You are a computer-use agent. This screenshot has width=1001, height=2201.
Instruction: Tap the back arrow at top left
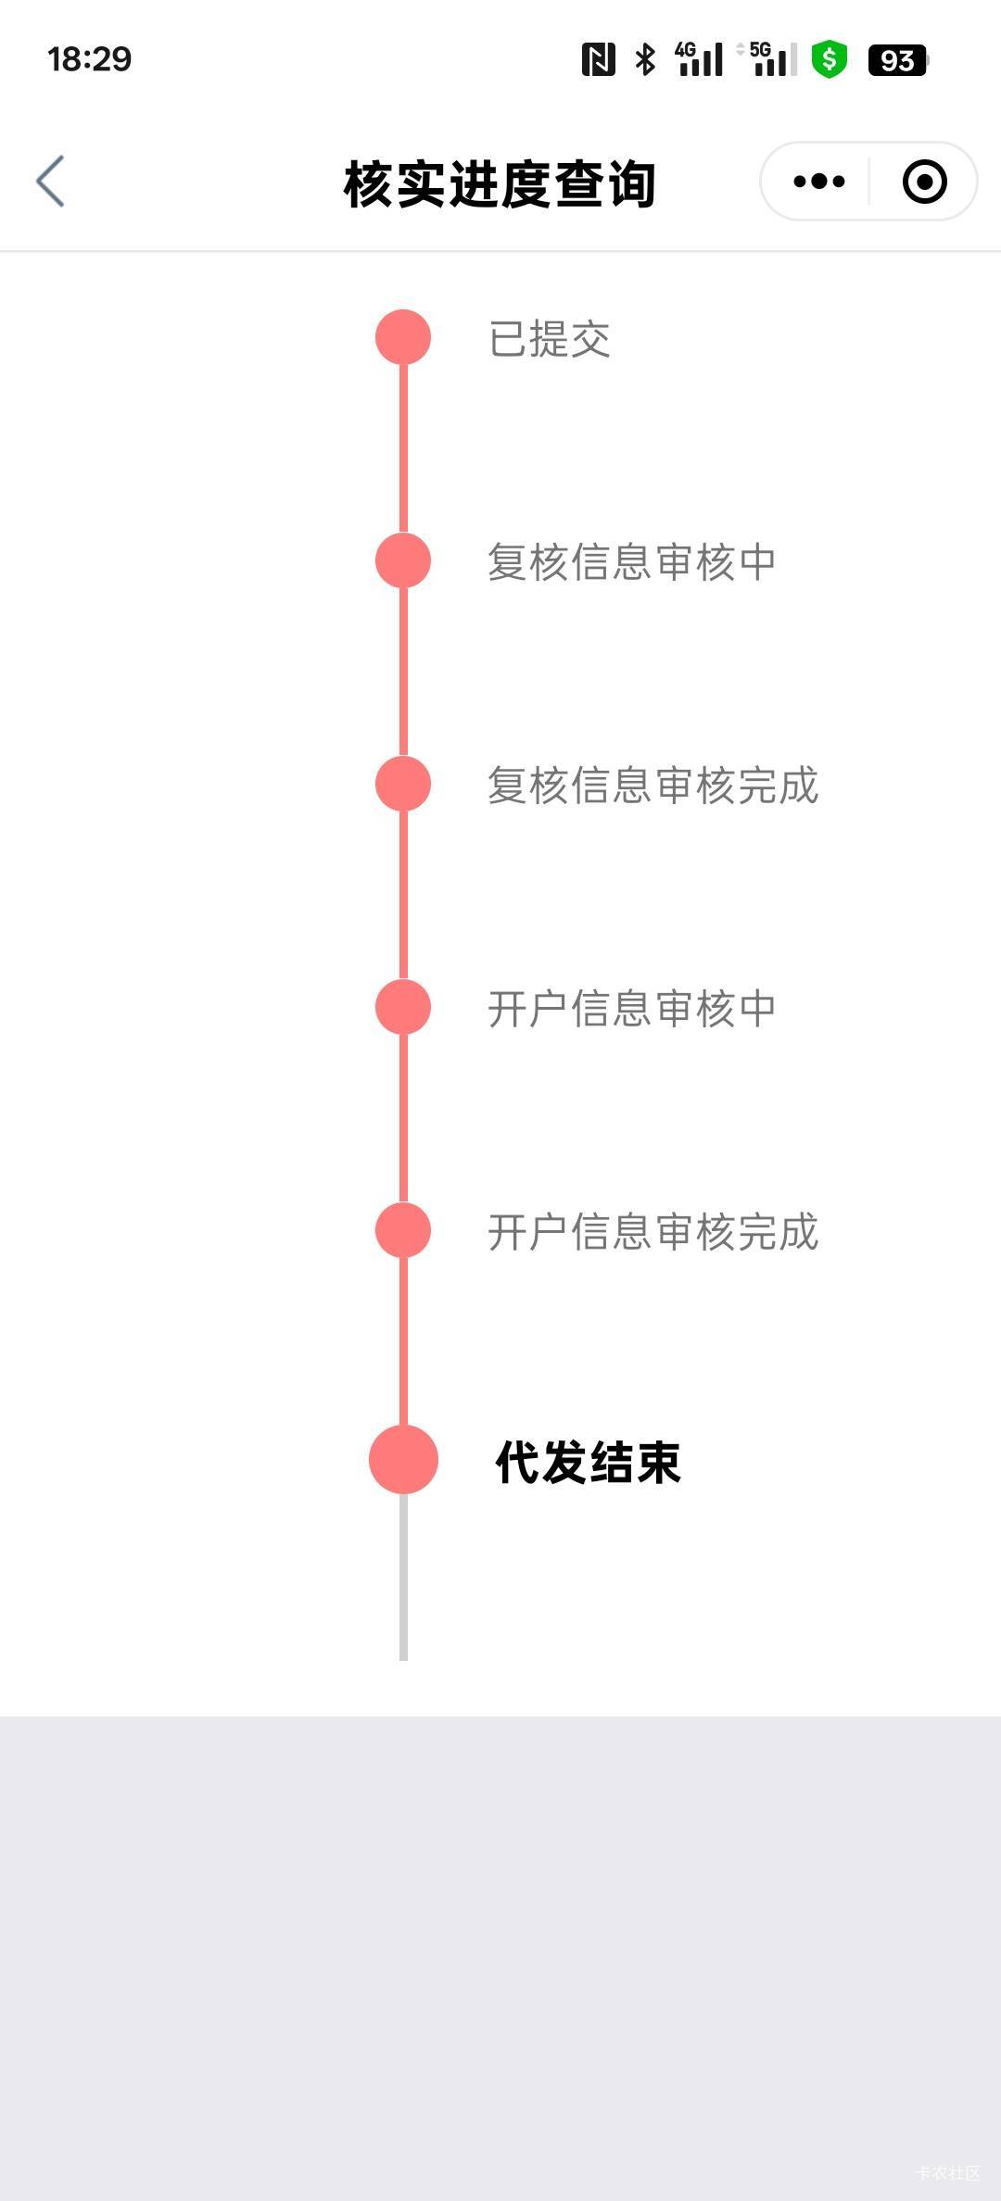[x=51, y=181]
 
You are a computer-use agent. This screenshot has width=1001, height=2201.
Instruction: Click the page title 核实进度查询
[x=500, y=183]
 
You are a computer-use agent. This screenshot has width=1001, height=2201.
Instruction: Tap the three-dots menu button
[x=819, y=181]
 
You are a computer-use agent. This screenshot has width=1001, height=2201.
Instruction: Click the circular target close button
[x=924, y=181]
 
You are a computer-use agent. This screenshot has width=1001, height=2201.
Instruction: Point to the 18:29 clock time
[x=90, y=59]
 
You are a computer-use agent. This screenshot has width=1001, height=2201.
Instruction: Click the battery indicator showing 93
[x=897, y=60]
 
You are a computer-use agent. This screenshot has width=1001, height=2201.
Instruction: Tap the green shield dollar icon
[x=830, y=60]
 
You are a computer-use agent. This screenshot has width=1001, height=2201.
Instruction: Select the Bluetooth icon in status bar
[x=645, y=59]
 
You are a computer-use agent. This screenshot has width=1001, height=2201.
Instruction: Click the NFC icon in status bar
[x=599, y=59]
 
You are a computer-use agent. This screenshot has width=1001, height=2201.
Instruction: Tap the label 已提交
[x=549, y=339]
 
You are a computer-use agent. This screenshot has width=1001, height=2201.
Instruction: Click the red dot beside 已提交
[x=403, y=337]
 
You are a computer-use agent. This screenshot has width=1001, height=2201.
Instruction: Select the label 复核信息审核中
[x=631, y=562]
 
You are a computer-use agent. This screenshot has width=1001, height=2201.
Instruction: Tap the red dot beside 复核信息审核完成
[x=403, y=784]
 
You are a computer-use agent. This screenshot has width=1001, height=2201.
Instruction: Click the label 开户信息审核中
[x=631, y=1009]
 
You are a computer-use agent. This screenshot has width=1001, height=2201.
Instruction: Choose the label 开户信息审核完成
[x=653, y=1232]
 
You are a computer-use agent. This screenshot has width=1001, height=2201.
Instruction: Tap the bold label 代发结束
[x=588, y=1463]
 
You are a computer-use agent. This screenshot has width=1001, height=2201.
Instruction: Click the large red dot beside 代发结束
[x=403, y=1460]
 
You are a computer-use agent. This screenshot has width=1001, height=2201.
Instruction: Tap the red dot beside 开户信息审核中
[x=403, y=1007]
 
